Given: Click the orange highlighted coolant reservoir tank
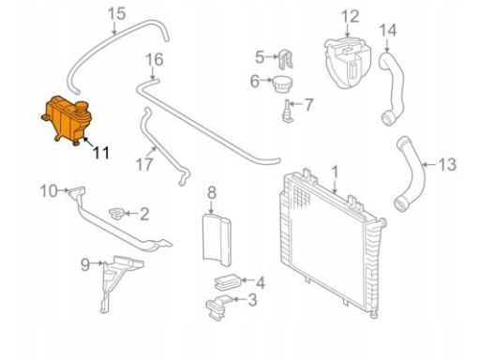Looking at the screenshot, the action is click(x=67, y=120).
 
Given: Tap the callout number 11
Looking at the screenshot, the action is click(x=101, y=153).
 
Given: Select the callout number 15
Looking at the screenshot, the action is click(x=116, y=14).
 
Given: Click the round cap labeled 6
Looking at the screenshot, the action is click(x=281, y=83).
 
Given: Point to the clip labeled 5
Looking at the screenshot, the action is click(x=285, y=59).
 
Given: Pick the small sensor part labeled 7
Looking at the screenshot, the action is click(x=287, y=111).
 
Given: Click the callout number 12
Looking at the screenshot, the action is click(x=350, y=16).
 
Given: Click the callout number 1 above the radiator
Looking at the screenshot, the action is click(x=335, y=172).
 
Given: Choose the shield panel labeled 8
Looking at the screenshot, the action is click(x=216, y=240).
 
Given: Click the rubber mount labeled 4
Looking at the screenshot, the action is click(x=226, y=282).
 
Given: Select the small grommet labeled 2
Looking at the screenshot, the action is click(x=116, y=214).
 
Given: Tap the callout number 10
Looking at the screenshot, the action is click(x=50, y=190).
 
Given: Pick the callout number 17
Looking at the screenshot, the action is click(x=144, y=164).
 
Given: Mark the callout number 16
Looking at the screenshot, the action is click(x=155, y=60).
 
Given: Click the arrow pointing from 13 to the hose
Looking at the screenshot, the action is click(x=429, y=164).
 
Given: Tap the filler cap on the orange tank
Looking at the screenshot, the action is click(x=82, y=108).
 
